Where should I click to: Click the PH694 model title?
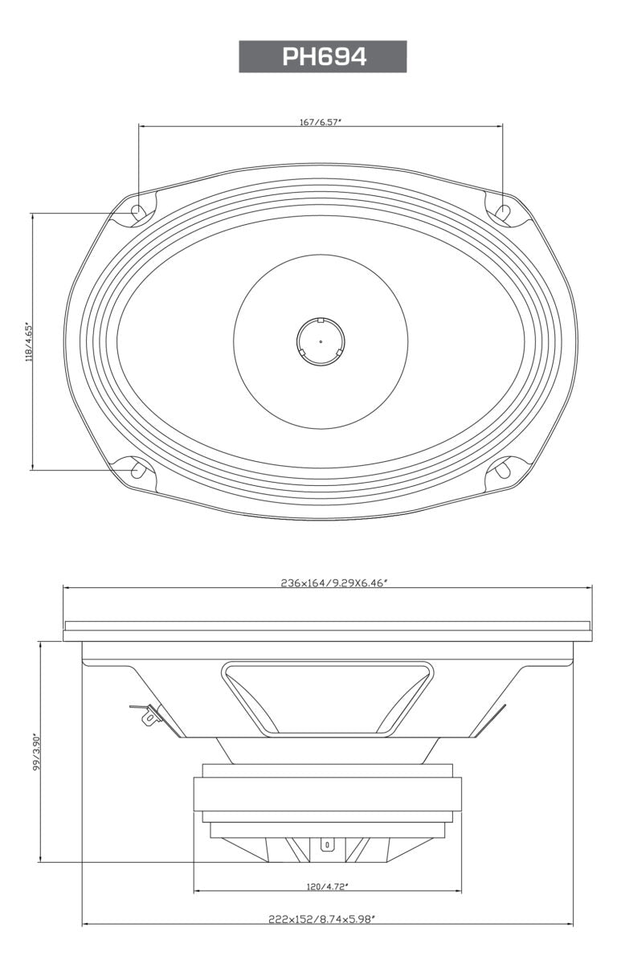(x=323, y=57)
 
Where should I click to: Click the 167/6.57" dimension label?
(x=321, y=123)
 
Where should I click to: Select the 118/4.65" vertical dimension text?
(x=29, y=341)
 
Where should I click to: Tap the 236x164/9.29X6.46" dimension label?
(x=328, y=582)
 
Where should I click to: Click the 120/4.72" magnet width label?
(x=327, y=887)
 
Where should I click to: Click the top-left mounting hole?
(x=138, y=213)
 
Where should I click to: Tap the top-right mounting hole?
(x=503, y=212)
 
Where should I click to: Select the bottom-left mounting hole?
(x=137, y=469)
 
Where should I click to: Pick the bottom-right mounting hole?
(x=503, y=469)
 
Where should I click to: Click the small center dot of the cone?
(x=321, y=341)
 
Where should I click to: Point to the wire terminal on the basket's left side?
(x=148, y=714)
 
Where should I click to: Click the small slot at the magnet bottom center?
(x=327, y=845)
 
